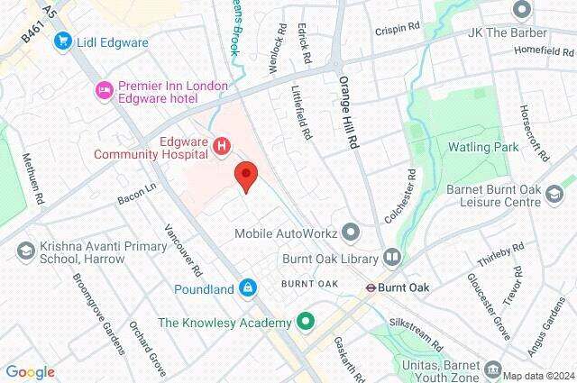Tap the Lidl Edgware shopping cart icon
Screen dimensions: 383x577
coord(62,40)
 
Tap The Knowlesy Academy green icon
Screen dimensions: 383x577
coord(306,322)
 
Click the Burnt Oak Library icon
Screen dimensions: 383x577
coord(391,258)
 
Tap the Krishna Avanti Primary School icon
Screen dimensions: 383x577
coord(25,249)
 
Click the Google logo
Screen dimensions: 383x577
coord(30,372)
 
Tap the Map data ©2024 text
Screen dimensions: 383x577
coord(537,376)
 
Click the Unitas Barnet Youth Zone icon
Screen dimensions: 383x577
coord(492,369)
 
